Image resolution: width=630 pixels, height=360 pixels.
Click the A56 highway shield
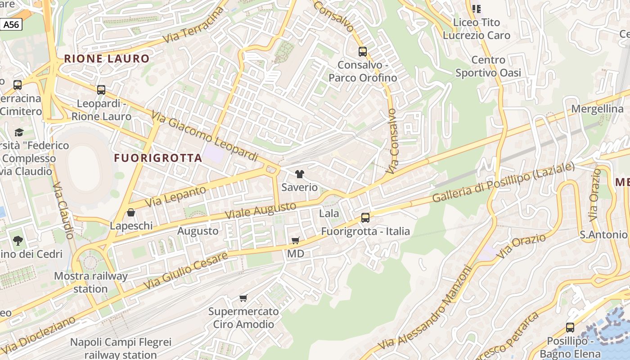pos(11,24)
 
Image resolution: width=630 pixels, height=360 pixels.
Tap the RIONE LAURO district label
pos(107,58)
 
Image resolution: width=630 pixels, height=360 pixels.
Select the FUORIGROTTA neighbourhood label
pos(158,158)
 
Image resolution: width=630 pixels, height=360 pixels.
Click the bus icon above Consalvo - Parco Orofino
pos(363,52)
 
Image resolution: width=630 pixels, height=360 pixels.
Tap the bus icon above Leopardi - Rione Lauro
pos(101,90)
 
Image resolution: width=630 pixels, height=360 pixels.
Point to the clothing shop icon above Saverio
pos(300,174)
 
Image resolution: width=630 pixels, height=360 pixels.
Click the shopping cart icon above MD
pos(296,241)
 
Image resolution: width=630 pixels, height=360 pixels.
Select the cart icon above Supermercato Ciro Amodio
pos(243,298)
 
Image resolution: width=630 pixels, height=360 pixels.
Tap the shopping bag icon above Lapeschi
pos(131,212)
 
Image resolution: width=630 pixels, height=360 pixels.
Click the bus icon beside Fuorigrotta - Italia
pos(365,218)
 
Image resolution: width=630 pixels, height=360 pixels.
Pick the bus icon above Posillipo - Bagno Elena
pos(570,328)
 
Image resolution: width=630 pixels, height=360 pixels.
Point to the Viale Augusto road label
pos(261,210)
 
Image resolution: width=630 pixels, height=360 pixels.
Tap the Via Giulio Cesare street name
pos(185,270)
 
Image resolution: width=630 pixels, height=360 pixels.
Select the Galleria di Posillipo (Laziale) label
pos(503,182)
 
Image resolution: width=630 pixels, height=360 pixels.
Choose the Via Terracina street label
pos(193,25)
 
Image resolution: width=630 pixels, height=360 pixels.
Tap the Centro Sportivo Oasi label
pos(488,66)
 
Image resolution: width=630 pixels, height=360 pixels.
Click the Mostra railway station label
pos(91,282)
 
